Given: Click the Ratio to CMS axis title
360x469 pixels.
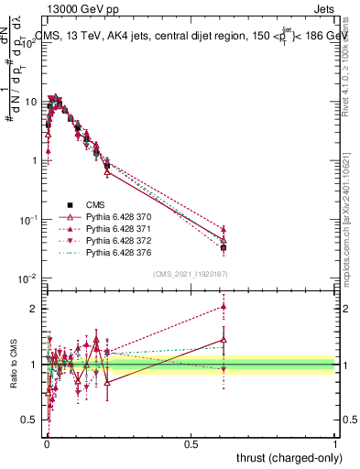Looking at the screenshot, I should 13,365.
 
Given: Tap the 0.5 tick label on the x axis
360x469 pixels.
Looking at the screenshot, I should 191,444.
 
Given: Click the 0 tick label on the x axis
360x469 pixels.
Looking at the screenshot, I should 46,444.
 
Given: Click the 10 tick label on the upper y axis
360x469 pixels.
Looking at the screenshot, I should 31,102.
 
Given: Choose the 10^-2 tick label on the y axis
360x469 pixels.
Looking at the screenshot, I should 29,278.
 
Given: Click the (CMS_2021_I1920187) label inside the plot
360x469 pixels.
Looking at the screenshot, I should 190,273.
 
